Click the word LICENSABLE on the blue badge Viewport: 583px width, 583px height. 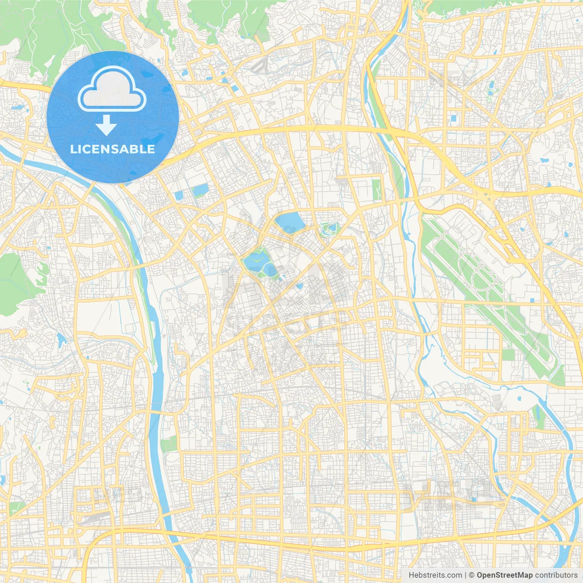tap(113, 149)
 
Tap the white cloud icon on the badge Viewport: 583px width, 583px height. tap(112, 90)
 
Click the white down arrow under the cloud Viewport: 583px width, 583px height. tap(106, 125)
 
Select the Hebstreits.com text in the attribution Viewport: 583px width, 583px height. tap(435, 575)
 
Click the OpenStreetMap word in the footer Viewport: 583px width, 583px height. tap(505, 575)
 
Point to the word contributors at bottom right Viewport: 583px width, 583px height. tap(556, 575)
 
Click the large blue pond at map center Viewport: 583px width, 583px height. tap(289, 223)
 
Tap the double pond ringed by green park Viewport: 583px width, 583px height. tap(258, 264)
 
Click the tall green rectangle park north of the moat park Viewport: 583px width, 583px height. tap(376, 189)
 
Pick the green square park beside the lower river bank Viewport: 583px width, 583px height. tap(169, 443)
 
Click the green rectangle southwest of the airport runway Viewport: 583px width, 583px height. tap(508, 355)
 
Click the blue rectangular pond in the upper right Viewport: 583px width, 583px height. tap(453, 118)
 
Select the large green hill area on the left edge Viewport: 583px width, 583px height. tap(18, 282)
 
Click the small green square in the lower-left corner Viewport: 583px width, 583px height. tap(16, 507)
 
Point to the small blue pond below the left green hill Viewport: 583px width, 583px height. tap(60, 338)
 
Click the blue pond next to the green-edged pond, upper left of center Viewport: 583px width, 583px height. tap(179, 196)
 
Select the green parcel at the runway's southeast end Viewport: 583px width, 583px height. tap(557, 376)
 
